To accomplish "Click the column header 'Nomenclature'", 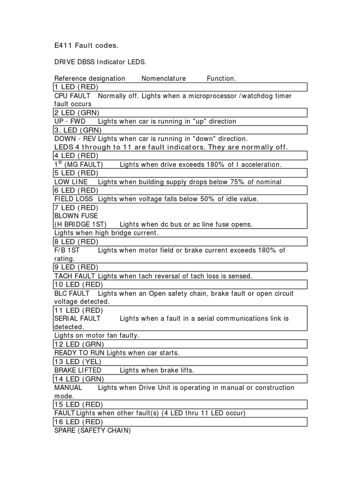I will (164, 78).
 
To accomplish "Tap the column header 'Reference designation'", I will (90, 78).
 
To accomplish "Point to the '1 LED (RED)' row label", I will (76, 87).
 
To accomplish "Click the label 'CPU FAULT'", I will (72, 96).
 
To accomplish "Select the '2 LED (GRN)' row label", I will (76, 113).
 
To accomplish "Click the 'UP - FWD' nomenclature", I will (70, 121).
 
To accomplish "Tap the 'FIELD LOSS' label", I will (74, 199).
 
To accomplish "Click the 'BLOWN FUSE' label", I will (76, 216).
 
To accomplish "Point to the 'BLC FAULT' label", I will (72, 293).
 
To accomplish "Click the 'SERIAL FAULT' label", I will (77, 318).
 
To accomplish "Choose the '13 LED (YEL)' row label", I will (78, 361).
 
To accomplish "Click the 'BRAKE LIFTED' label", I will (78, 370).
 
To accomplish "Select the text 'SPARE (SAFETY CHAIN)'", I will (92, 430).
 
